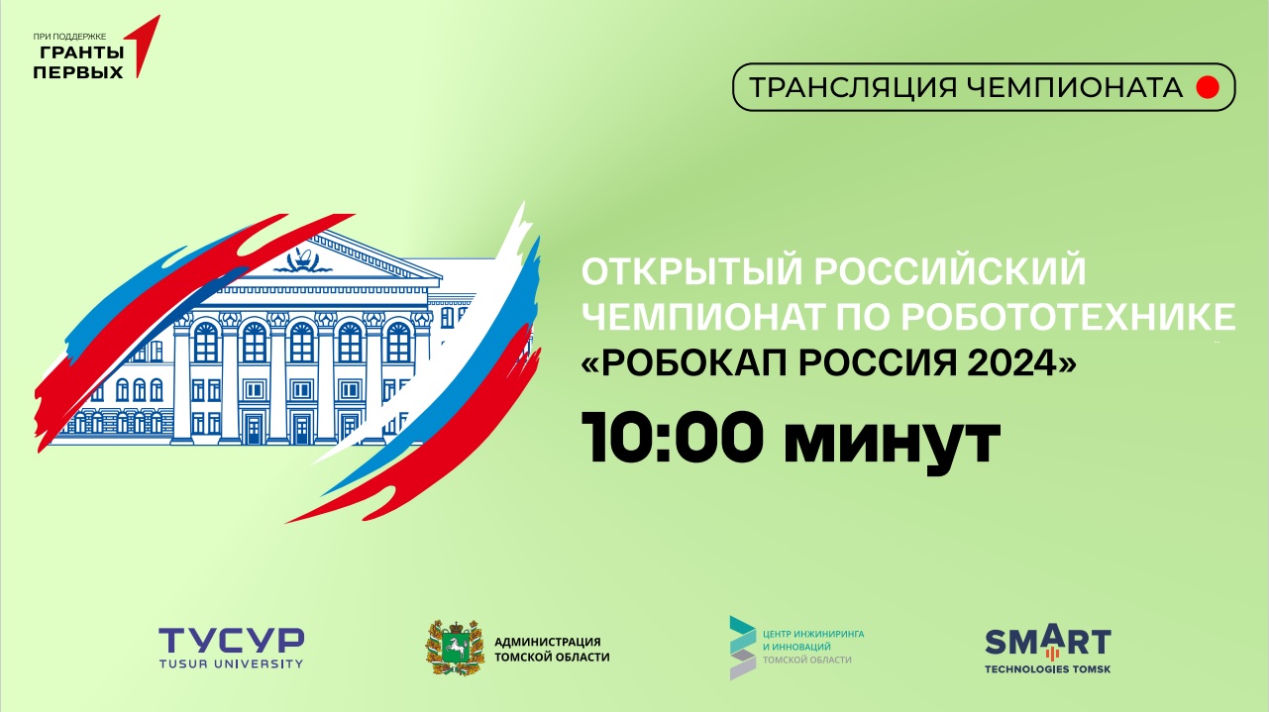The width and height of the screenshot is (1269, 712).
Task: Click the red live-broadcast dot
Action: [1208, 87]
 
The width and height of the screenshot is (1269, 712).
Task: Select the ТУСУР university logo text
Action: [231, 642]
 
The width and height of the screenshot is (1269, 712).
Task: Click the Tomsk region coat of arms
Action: [455, 648]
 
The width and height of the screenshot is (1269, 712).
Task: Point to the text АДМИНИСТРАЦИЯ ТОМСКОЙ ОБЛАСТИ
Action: [552, 650]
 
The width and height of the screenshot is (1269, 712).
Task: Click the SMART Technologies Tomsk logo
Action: [1047, 649]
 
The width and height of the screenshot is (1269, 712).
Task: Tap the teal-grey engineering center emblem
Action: [743, 648]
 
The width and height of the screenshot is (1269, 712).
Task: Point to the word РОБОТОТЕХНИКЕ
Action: [1068, 316]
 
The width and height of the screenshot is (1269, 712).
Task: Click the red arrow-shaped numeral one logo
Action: [143, 46]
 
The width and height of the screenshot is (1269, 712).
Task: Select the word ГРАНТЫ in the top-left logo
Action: [81, 52]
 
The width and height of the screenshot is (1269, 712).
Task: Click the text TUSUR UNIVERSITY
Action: [231, 663]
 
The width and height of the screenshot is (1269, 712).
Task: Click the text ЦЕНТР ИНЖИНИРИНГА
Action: [813, 634]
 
